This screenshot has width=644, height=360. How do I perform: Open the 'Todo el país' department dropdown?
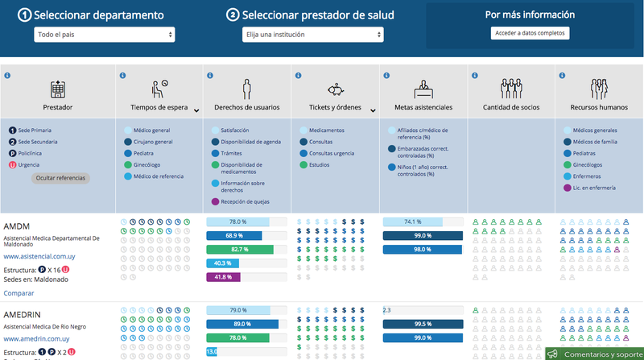point(104,35)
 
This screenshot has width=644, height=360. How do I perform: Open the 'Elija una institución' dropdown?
point(313,35)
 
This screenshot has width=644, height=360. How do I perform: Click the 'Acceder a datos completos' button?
point(530,33)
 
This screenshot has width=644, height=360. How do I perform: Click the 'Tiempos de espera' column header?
point(159,107)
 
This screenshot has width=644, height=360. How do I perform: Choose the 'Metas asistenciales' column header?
point(423,107)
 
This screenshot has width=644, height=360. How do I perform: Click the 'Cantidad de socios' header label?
point(511,107)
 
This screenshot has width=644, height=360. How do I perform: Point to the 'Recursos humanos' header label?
point(598,107)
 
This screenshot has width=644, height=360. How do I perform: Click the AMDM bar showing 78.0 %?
point(246,221)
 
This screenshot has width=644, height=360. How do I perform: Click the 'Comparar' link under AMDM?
point(19,293)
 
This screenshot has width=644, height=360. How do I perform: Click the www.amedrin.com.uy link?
point(37,339)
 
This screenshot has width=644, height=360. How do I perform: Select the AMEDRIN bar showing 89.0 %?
point(242,324)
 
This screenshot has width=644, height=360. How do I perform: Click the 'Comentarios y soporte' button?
point(596,354)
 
